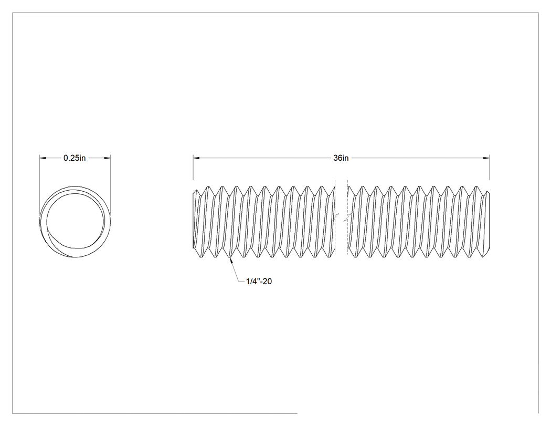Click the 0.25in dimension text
pyautogui.click(x=75, y=158)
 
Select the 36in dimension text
pyautogui.click(x=341, y=158)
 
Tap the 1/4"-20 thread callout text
pyautogui.click(x=259, y=282)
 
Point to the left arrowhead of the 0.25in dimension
pyautogui.click(x=43, y=158)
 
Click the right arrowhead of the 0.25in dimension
pyautogui.click(x=107, y=158)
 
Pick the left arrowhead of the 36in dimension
pyautogui.click(x=196, y=158)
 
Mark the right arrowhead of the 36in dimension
pyautogui.click(x=486, y=158)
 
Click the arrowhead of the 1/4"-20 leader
pyautogui.click(x=231, y=261)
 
